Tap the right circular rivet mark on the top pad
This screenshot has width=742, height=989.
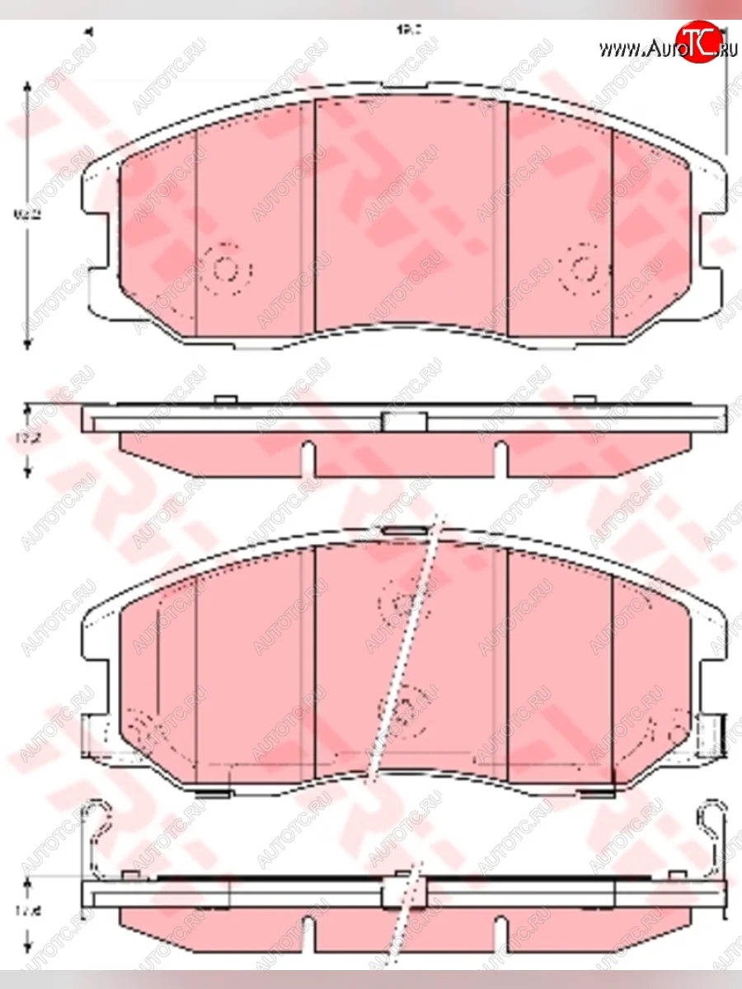pyautogui.click(x=585, y=270)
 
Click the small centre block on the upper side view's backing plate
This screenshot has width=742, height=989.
pyautogui.click(x=403, y=422)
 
